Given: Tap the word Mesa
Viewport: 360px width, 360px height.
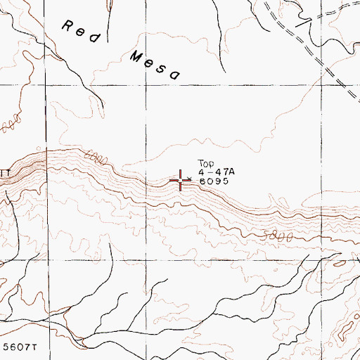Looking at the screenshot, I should pos(155,65).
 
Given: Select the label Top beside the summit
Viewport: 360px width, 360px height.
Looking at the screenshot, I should pos(205,162).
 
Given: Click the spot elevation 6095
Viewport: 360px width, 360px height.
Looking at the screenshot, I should pos(214,181).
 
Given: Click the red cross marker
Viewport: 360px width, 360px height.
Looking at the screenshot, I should pos(181,181).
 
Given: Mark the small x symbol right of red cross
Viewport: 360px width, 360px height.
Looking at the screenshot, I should pos(190,179).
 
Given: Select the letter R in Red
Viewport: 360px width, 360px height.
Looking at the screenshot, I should pos(68,27).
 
